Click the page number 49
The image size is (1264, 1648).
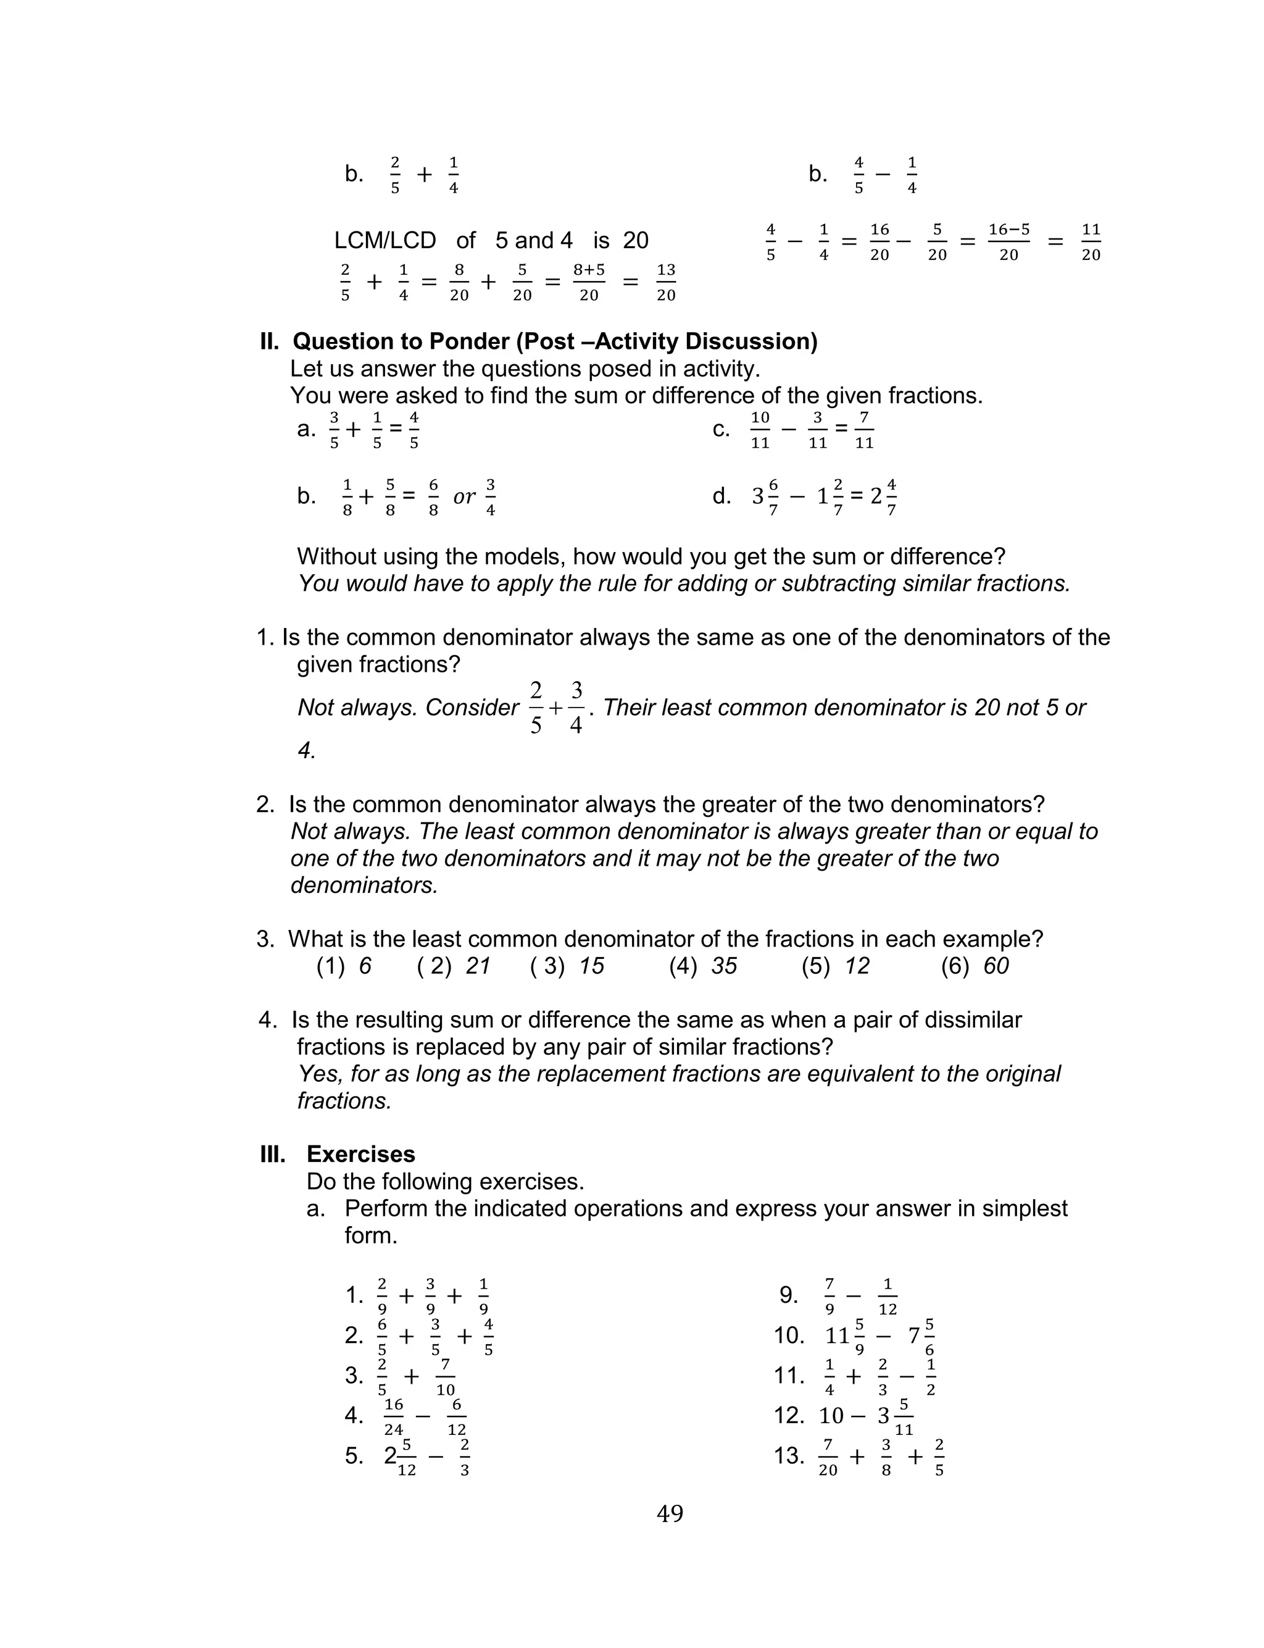coord(670,1513)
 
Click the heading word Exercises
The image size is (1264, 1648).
coord(360,1153)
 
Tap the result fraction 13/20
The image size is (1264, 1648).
coord(666,282)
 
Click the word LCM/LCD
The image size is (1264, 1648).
coord(385,240)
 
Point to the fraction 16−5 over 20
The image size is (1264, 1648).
coord(1008,241)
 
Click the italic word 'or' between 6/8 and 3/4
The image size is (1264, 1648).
coord(464,496)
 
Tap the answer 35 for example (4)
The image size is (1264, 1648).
coord(724,966)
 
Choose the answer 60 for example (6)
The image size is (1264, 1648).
coord(996,966)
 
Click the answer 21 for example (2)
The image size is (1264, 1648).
coord(478,966)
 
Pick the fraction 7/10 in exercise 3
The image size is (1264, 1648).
coord(446,1376)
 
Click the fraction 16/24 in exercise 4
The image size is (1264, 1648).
coord(394,1417)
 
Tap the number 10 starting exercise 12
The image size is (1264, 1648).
coord(831,1416)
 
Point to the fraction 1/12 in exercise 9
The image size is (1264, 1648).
coord(887,1296)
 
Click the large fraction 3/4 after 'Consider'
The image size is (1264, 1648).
coord(576,708)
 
